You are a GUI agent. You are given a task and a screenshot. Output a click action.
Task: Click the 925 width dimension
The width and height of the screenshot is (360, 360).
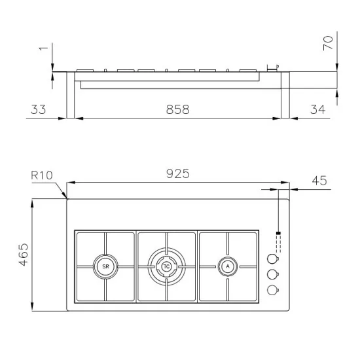(177, 173)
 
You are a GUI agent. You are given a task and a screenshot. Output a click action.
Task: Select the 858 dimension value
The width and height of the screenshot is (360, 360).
(177, 110)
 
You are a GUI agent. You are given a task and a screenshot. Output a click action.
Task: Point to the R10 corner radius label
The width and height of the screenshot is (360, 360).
(42, 176)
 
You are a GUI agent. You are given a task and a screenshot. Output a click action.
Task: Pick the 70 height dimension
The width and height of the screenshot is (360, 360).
(329, 44)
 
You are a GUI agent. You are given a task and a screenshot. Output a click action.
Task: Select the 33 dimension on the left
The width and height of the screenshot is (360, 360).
(39, 110)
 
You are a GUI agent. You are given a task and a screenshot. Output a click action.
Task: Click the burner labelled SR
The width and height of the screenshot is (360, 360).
(105, 266)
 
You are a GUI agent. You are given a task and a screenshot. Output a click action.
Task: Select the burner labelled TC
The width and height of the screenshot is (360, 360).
(167, 266)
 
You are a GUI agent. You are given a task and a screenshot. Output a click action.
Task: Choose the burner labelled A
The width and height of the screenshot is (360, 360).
(227, 266)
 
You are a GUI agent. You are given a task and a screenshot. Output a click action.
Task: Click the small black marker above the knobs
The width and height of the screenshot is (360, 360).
(278, 233)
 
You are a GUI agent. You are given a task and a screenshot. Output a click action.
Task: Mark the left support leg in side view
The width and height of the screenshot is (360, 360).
(71, 95)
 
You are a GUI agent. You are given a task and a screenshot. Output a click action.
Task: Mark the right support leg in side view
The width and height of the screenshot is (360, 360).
(285, 95)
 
